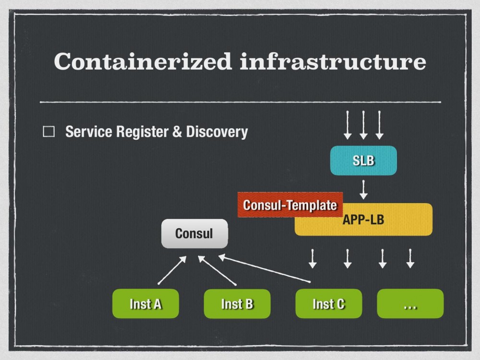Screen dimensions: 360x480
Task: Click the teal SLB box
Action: click(x=363, y=161)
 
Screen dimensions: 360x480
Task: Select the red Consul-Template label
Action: click(x=290, y=205)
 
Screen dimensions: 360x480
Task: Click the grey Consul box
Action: click(x=194, y=234)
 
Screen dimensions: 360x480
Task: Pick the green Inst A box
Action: click(x=145, y=303)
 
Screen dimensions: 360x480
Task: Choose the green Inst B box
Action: click(x=237, y=303)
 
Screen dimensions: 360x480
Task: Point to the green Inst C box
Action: click(x=328, y=303)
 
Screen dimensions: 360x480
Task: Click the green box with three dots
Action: click(x=410, y=303)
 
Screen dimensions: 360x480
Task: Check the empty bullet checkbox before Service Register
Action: click(x=49, y=132)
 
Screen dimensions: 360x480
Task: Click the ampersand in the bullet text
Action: click(x=177, y=132)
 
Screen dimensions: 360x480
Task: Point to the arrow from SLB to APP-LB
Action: click(x=363, y=190)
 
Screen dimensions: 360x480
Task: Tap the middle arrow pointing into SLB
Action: click(x=363, y=125)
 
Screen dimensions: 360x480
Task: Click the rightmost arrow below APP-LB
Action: click(x=410, y=258)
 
